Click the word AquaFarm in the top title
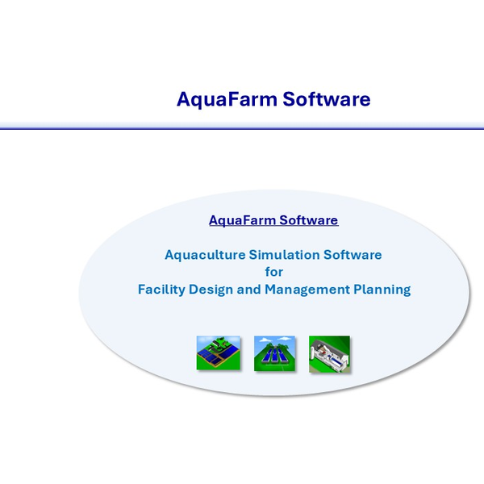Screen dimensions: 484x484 [x=227, y=99]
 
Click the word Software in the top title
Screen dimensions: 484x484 [x=327, y=99]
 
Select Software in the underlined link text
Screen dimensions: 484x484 [x=309, y=220]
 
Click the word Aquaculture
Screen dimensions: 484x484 [x=205, y=255]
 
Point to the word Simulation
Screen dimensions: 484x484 [x=284, y=255]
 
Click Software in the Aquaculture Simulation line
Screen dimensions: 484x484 [x=353, y=255]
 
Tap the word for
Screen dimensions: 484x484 [x=274, y=272]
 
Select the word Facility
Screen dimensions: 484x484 [x=161, y=290]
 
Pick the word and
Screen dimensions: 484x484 [x=248, y=290]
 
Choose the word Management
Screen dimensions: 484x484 [x=307, y=290]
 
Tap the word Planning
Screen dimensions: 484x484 [x=382, y=290]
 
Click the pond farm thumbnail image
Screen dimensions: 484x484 [x=219, y=353]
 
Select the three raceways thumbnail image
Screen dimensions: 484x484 [x=274, y=353]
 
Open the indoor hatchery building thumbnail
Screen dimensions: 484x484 [x=329, y=354]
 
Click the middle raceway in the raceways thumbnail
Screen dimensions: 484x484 [x=274, y=354]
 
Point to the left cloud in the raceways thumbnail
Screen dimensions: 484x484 [x=265, y=340]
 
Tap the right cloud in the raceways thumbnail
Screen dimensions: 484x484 [x=284, y=339]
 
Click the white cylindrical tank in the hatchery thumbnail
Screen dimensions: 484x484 [x=312, y=352]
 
